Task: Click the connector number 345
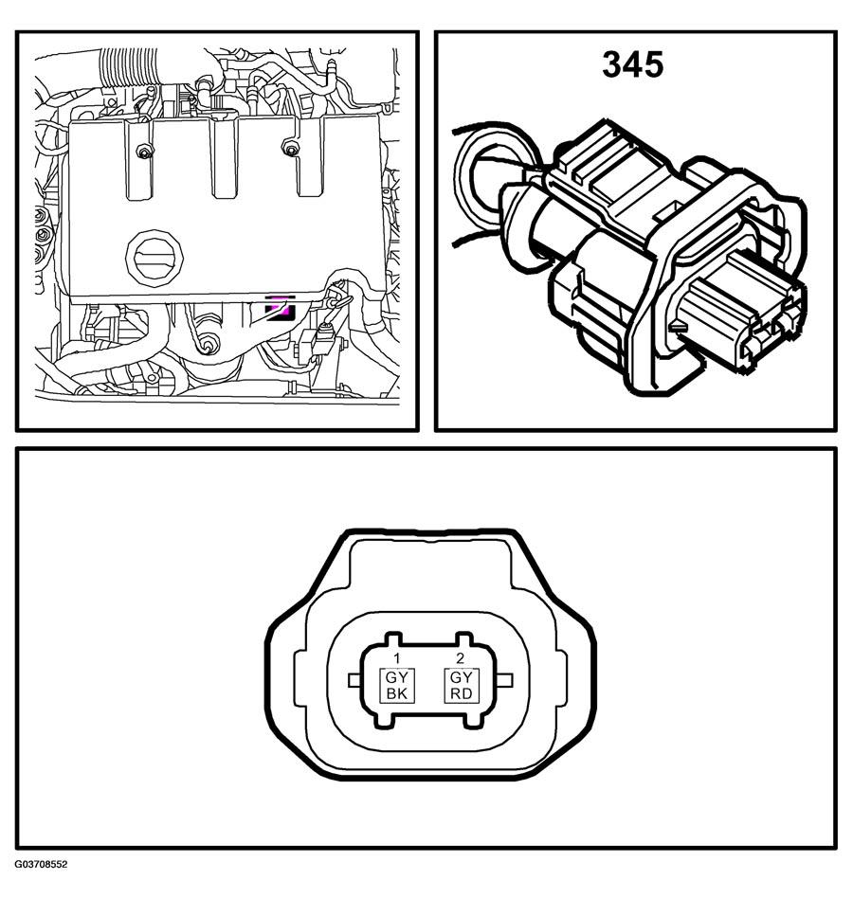pos(633,64)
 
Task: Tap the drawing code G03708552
pos(42,864)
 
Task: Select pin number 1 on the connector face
pos(396,658)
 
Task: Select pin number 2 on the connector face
pos(460,658)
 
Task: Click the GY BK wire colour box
pos(397,686)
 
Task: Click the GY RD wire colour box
pos(462,686)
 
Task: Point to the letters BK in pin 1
pos(397,693)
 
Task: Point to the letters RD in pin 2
pos(462,693)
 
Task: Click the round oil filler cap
pos(154,257)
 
